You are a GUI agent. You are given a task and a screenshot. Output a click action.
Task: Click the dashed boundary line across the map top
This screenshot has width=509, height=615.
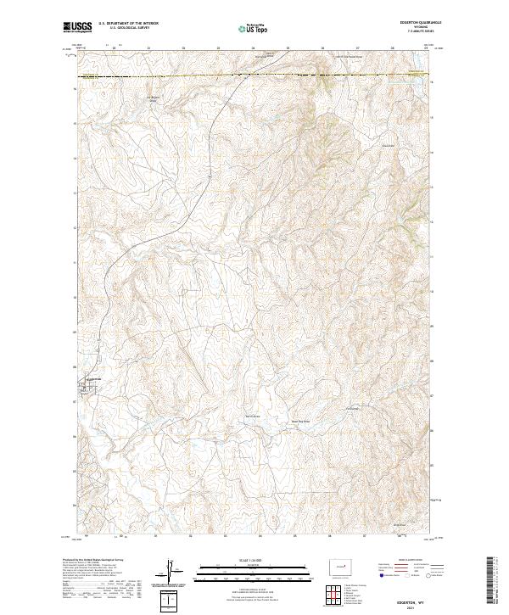[255, 77]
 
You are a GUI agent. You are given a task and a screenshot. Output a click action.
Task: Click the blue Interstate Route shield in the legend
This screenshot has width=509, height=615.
[378, 576]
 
